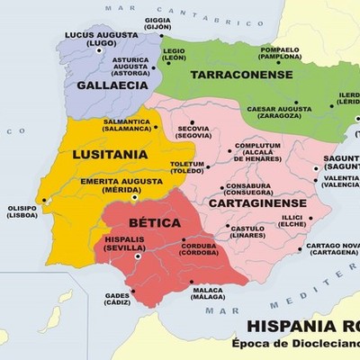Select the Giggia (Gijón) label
point(157,23)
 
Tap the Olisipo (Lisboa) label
point(22,212)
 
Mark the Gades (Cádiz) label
point(116,299)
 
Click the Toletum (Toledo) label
point(187,168)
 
